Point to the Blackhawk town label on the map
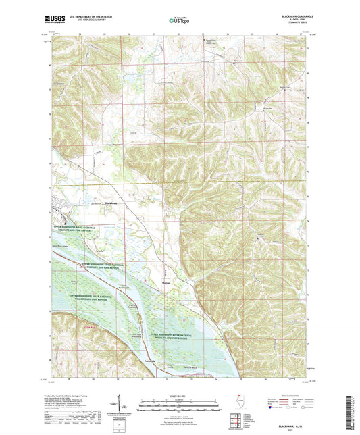click(x=95, y=201)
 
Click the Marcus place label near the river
click(x=167, y=283)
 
